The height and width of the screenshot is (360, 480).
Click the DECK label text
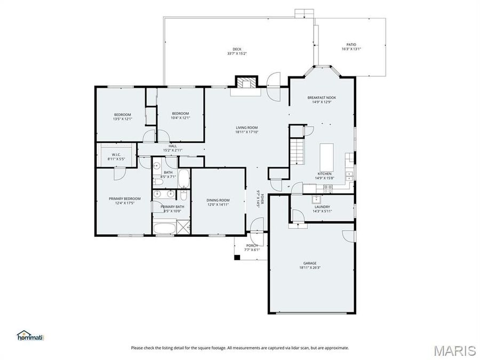[x=237, y=49]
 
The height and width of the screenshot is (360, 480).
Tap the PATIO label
[x=351, y=45]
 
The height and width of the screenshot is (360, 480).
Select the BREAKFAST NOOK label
[x=322, y=98]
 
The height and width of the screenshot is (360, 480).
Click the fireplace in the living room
[x=245, y=83]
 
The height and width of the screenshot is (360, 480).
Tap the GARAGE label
[x=310, y=263]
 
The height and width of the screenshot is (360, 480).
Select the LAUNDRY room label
[x=322, y=207]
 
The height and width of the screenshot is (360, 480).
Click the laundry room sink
[x=316, y=199]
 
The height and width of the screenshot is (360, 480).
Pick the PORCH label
[x=252, y=246]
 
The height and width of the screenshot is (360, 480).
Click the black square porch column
[x=237, y=257]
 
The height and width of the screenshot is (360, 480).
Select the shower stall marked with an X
[x=185, y=228]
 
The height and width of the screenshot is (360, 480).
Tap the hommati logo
[x=30, y=335]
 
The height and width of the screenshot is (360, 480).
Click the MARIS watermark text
[x=454, y=350]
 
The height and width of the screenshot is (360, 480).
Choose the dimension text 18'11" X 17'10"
[x=247, y=132]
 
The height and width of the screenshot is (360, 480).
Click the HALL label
[x=172, y=146]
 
